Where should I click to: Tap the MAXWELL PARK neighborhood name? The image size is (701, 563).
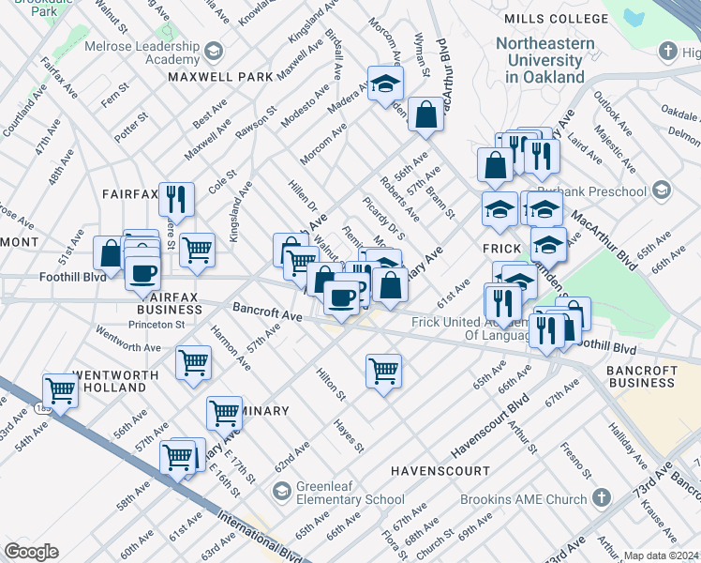pyautogui.click(x=220, y=77)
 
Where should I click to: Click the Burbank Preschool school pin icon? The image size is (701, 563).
pyautogui.click(x=662, y=191)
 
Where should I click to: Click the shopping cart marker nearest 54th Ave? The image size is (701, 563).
pyautogui.click(x=61, y=388)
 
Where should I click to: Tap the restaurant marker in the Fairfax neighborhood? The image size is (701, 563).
pyautogui.click(x=176, y=198)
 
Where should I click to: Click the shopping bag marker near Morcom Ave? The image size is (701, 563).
pyautogui.click(x=425, y=115)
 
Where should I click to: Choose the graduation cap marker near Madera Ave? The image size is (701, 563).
pyautogui.click(x=383, y=84)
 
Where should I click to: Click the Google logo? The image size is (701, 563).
pyautogui.click(x=32, y=552)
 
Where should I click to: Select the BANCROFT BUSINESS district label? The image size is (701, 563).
pyautogui.click(x=653, y=376)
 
